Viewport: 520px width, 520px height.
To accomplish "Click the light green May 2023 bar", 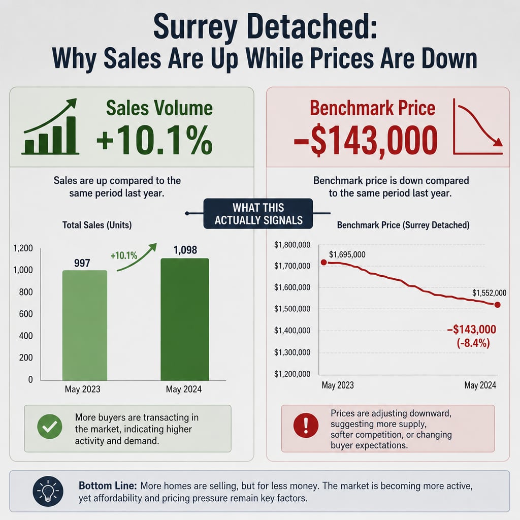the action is tap(85, 326).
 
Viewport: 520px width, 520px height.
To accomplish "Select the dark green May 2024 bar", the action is tap(185, 319).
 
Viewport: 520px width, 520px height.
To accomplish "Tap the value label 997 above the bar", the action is tap(82, 263).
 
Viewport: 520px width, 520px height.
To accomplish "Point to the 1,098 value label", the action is tap(185, 250).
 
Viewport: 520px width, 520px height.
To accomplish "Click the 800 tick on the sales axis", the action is tap(26, 292).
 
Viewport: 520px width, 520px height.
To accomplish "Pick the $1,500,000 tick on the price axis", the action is tap(292, 309).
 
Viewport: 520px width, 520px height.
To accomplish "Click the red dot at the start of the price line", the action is tap(324, 263).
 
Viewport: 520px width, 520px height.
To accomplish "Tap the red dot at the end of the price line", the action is tap(497, 305).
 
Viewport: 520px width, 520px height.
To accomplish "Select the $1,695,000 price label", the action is tap(347, 254).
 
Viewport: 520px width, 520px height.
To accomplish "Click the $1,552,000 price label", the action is tap(489, 292).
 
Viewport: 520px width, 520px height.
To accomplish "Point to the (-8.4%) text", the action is tap(473, 343).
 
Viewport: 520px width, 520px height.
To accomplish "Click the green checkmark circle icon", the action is tap(50, 427).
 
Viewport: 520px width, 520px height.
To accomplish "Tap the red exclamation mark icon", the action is tap(306, 425).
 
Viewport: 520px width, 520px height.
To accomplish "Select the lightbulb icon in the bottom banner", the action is tap(48, 491).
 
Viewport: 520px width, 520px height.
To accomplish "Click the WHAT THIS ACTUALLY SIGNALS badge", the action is tap(258, 214).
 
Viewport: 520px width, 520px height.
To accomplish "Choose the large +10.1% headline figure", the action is tap(154, 140).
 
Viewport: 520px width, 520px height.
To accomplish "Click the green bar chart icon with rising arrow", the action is tap(50, 126).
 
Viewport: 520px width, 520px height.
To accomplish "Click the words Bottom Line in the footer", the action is tap(108, 486).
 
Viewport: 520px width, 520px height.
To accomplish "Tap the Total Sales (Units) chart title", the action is tap(97, 225).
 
